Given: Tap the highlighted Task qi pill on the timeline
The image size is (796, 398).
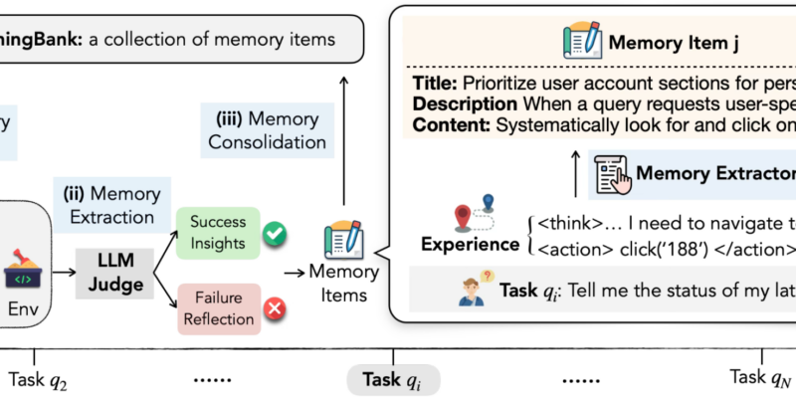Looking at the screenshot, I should point(392,379).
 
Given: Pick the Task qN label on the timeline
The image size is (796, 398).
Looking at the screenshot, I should point(761,378).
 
